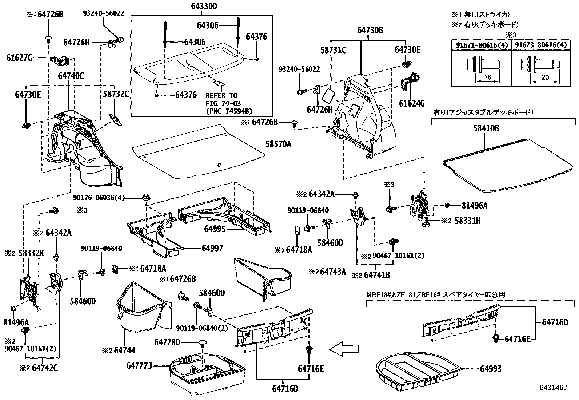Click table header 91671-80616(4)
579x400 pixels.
(481, 45)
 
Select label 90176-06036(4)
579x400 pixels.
(99, 198)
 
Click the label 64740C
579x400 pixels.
(71, 76)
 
